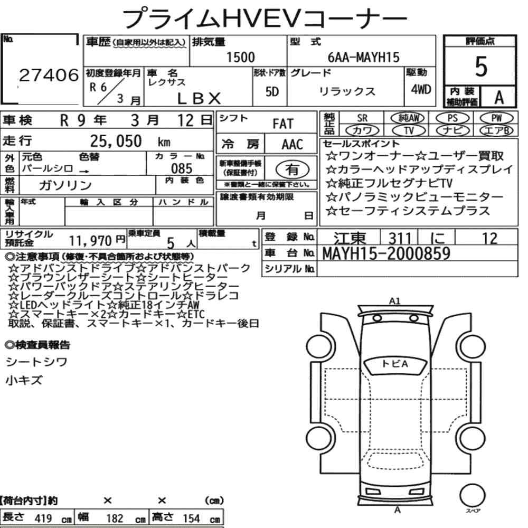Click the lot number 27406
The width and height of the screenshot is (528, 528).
pos(49,75)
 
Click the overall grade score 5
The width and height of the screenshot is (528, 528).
pos(481,67)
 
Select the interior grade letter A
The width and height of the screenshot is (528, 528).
pos(499,97)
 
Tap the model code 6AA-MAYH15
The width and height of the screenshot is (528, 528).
pos(363,57)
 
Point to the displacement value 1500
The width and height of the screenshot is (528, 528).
pos(240,57)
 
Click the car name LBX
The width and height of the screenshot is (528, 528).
pos(199,98)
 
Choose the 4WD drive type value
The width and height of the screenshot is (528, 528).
pos(421,89)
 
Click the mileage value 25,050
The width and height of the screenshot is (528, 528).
pos(116,141)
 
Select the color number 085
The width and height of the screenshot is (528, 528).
pos(182,168)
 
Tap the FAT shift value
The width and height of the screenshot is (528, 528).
pos(283,124)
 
